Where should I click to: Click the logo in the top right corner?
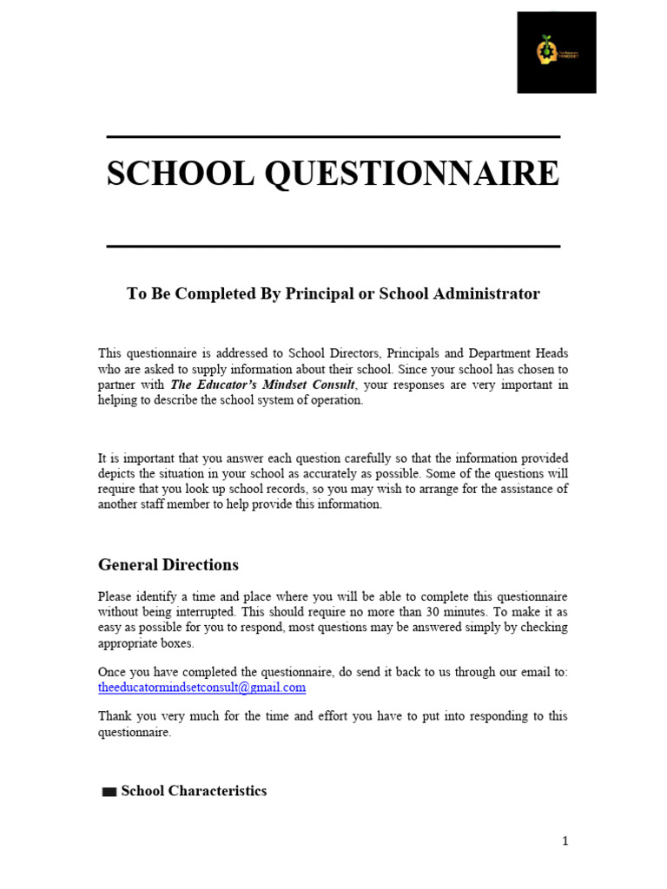557,52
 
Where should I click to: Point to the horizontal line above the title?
333,137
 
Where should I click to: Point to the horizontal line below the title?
333,247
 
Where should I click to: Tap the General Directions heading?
168,565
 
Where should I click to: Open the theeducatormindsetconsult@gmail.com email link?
201,688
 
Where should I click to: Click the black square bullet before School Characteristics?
109,792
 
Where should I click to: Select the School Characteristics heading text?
194,791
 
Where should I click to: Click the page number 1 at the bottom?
565,840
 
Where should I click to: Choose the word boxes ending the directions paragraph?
177,644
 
